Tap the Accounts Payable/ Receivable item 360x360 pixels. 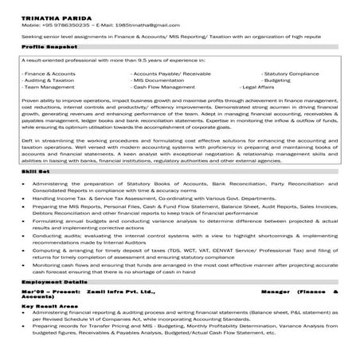(x=170, y=73)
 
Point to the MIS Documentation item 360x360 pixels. (x=161, y=80)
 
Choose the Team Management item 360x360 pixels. (x=48, y=88)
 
